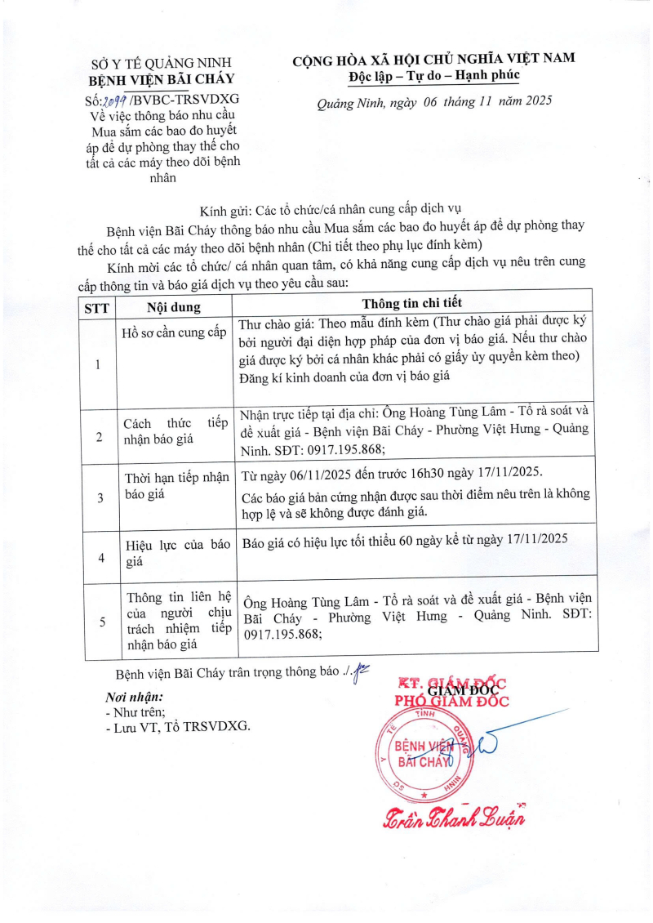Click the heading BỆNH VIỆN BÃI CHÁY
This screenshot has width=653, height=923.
coord(161,79)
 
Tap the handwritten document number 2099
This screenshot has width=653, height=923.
coord(113,100)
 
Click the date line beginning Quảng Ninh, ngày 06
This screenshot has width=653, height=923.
coord(434,102)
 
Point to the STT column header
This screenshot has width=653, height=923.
coord(98,307)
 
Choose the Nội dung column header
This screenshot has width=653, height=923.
coord(173,307)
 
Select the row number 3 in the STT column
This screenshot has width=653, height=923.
coord(100,497)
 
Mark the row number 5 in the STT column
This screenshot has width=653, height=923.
coord(101,622)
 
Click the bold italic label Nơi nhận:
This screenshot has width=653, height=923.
coord(135,698)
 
